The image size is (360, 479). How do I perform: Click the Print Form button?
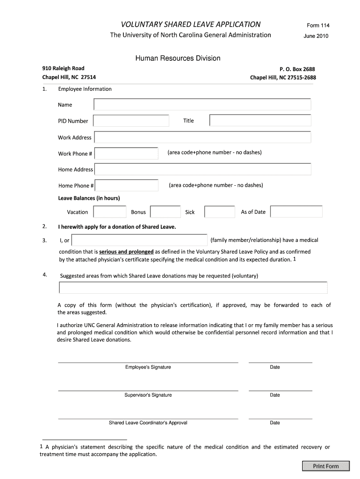[326, 466]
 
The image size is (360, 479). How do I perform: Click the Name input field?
[202, 104]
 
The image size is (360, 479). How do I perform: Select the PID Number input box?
[131, 121]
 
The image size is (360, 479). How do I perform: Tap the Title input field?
[260, 121]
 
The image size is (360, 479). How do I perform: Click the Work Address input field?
[202, 137]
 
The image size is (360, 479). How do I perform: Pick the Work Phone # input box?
[126, 153]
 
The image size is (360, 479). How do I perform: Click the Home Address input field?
[202, 169]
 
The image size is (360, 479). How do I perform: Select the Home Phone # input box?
[126, 185]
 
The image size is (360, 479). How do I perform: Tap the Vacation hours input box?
[109, 212]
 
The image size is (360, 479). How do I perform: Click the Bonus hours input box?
[166, 212]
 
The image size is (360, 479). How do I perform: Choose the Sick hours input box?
[220, 212]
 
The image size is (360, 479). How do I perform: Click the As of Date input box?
[296, 212]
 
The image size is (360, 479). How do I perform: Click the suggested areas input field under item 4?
[193, 288]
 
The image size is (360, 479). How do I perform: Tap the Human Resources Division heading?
[178, 58]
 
